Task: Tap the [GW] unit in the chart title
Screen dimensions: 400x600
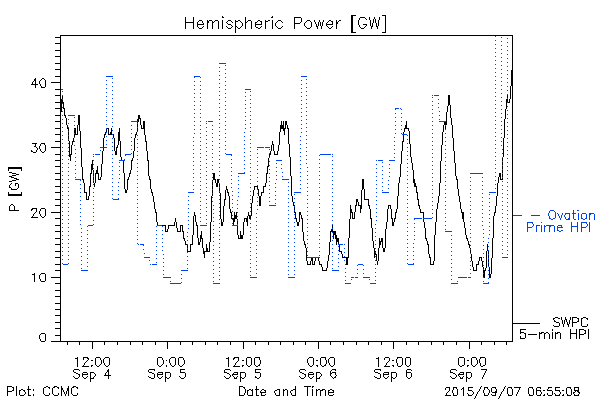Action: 367,22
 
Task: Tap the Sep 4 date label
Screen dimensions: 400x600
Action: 92,374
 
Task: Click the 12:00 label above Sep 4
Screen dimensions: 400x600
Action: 92,360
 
